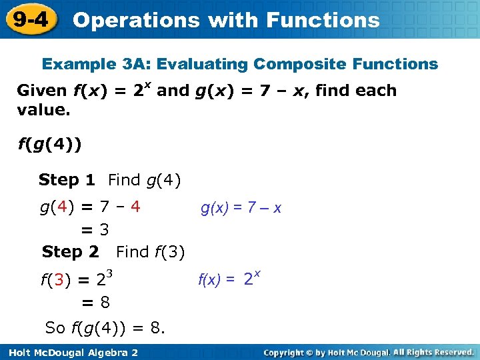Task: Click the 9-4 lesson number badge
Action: click(x=30, y=19)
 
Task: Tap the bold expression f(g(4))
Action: click(x=50, y=145)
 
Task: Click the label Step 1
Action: click(x=67, y=180)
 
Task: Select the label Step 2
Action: click(x=70, y=252)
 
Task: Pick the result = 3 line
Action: click(x=95, y=230)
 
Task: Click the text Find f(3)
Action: click(x=150, y=252)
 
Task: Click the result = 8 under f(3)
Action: click(x=95, y=303)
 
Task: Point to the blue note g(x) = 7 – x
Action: click(x=241, y=208)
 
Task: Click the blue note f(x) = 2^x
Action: click(x=229, y=279)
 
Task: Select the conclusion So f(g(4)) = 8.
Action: click(x=105, y=328)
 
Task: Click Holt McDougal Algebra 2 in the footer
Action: click(x=70, y=352)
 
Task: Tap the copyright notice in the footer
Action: click(x=368, y=352)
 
